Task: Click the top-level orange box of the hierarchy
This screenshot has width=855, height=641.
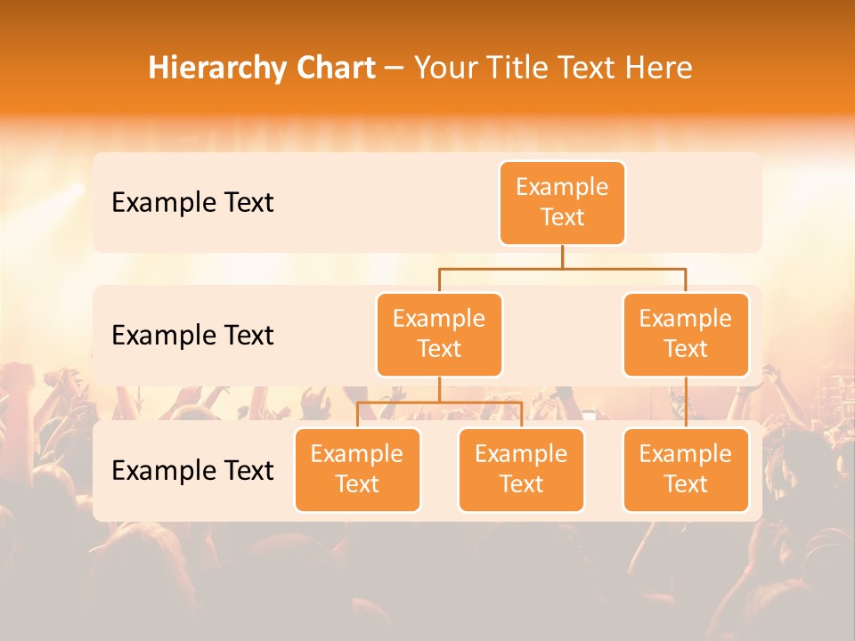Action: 562,202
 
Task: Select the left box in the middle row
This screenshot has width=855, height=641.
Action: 439,334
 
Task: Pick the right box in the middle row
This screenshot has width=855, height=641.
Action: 686,334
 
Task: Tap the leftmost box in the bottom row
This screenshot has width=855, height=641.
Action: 357,469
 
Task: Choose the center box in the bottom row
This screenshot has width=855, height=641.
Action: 521,469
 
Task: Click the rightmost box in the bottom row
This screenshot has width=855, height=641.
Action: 686,469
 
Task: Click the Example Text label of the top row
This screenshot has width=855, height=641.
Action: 192,202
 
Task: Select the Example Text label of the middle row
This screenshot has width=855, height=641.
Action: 192,335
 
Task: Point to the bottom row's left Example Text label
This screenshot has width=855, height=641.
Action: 192,470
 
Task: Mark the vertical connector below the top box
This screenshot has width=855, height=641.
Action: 562,256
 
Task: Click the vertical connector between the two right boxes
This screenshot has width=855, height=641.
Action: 686,402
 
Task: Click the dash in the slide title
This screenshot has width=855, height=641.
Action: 395,68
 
